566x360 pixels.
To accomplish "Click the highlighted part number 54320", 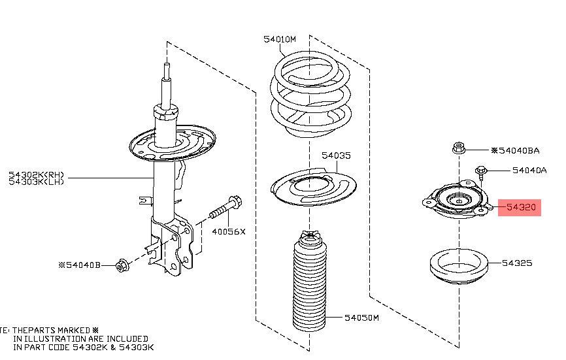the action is (521, 207).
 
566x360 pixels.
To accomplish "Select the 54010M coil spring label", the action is (280, 39).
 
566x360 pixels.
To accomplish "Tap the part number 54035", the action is (336, 155).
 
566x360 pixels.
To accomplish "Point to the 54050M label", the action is (361, 318).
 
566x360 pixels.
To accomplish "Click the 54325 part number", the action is (517, 263).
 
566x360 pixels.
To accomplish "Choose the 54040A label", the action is (529, 171).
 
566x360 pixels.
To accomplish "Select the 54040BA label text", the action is (516, 150).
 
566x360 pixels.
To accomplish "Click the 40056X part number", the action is (229, 231).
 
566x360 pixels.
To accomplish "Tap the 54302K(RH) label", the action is (36, 175).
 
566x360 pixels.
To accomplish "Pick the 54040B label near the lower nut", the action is (80, 265).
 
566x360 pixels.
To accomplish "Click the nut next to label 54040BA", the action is (458, 148).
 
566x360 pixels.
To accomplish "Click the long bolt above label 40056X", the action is (226, 207).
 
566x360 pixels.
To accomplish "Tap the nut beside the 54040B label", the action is (122, 265).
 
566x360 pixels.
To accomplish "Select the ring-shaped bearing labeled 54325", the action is (459, 266).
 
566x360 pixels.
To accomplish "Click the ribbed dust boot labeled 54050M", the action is (310, 281).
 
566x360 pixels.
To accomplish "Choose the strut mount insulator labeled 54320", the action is (457, 199).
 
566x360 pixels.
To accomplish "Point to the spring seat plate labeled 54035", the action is (313, 186).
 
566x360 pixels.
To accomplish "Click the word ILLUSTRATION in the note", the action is (64, 338).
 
